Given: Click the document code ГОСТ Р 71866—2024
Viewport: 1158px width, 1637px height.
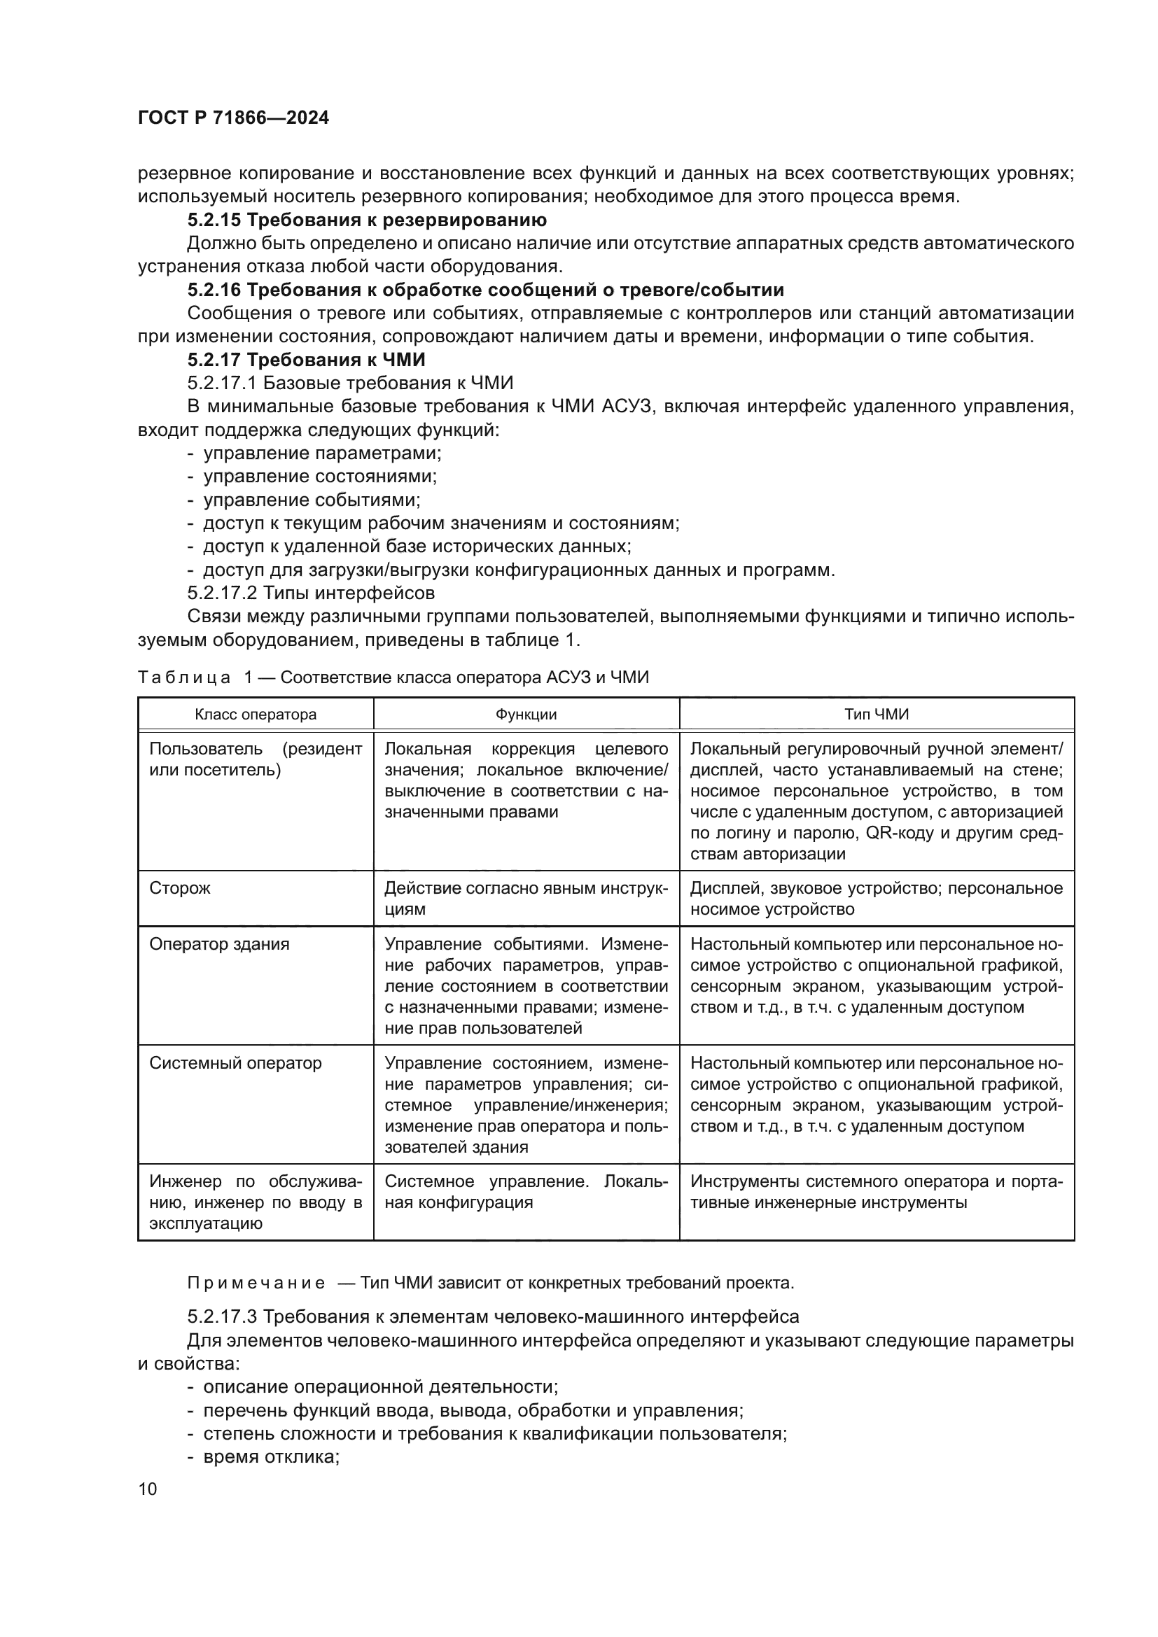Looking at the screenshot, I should click(x=233, y=118).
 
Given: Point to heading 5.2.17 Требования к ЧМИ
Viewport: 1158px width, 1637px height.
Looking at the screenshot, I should click(x=306, y=359).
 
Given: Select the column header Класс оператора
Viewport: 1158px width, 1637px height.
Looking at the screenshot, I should click(x=256, y=715).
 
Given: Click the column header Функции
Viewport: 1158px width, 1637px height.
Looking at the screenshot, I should click(x=526, y=715).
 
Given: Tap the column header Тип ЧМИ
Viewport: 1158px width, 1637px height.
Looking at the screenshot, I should click(x=877, y=715).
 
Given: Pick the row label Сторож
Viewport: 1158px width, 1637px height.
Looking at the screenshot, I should click(x=180, y=887).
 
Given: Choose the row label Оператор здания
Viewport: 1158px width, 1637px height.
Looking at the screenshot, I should click(x=219, y=944).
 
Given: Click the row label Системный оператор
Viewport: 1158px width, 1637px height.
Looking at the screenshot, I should click(x=235, y=1063).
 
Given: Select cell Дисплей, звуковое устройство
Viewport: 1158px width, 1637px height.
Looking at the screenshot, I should click(x=877, y=899).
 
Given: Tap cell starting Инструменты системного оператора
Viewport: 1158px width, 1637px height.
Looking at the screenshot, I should click(x=877, y=1192).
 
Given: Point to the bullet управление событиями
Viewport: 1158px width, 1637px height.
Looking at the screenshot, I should click(x=312, y=500).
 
